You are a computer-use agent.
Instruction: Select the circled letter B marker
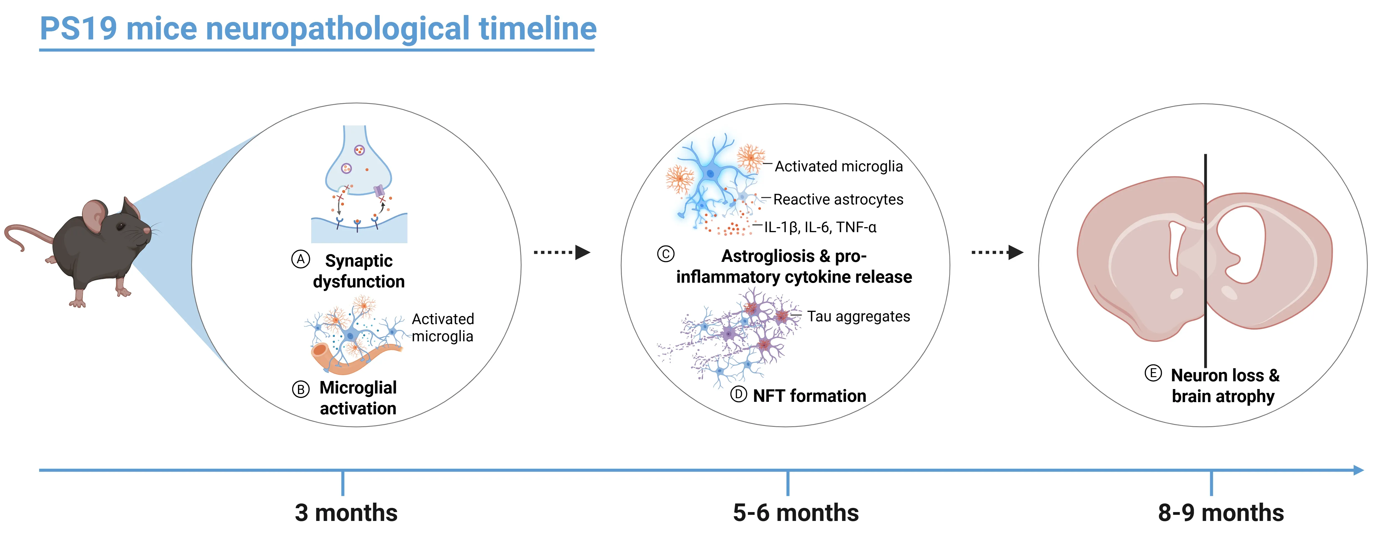click(x=301, y=390)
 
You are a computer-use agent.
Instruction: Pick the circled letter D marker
click(x=738, y=395)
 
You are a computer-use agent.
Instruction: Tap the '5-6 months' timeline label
click(x=796, y=513)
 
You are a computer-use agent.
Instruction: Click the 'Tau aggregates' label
click(x=858, y=317)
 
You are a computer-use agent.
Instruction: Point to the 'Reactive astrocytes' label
click(x=838, y=199)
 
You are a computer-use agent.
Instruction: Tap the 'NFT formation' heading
click(x=810, y=396)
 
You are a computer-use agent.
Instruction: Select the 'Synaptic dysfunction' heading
click(x=359, y=271)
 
